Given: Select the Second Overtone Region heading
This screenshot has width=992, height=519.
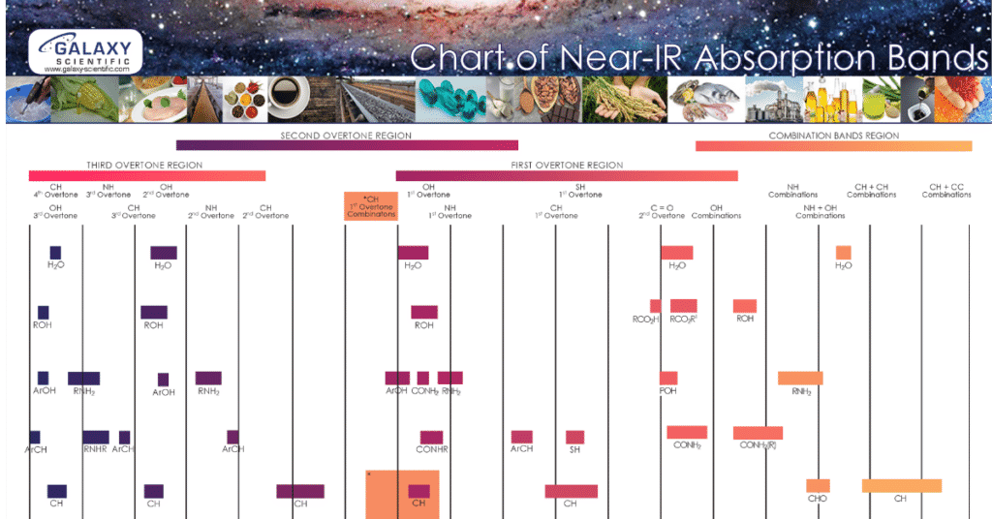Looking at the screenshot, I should [x=347, y=136].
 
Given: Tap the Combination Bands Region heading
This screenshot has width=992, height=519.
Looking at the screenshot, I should [x=834, y=136].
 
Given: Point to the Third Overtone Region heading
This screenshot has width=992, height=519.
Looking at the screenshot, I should [x=144, y=166].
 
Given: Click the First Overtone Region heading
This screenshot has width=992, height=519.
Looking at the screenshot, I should [x=567, y=166].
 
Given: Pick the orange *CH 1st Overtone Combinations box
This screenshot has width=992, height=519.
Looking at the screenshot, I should [x=371, y=206].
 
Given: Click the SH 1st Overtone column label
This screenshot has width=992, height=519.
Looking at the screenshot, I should [x=581, y=190].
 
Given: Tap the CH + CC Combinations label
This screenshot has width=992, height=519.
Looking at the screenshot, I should [x=946, y=190].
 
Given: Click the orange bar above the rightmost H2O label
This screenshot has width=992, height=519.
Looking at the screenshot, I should [x=844, y=253].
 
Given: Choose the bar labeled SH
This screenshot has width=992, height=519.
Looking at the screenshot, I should [x=575, y=437].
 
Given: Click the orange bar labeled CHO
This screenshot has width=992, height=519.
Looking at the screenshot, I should [x=818, y=485].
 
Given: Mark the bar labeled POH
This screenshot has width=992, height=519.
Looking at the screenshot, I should [x=668, y=378].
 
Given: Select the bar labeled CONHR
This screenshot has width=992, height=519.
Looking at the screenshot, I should [x=432, y=437].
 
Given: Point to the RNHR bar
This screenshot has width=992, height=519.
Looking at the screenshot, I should [x=96, y=437].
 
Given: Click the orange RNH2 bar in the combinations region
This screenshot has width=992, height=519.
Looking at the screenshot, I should [x=800, y=378].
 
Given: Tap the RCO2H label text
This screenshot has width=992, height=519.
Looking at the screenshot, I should [x=645, y=319].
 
